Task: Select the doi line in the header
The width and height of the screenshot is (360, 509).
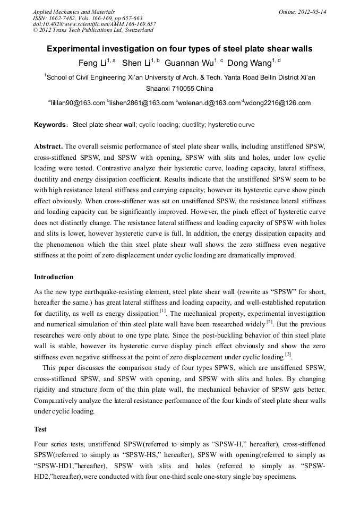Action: click(x=94, y=24)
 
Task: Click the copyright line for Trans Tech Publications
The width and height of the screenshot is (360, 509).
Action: click(x=93, y=30)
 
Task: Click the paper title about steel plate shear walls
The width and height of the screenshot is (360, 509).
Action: click(x=179, y=49)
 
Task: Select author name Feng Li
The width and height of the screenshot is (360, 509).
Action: click(x=92, y=63)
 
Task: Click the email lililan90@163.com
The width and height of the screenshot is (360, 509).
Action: click(x=78, y=103)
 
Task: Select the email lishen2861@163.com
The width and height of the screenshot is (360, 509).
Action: click(x=142, y=103)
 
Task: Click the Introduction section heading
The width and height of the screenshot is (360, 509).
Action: click(x=54, y=277)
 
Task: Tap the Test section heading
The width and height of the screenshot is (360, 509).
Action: click(x=40, y=429)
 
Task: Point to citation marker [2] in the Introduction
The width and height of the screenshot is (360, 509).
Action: click(x=270, y=322)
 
